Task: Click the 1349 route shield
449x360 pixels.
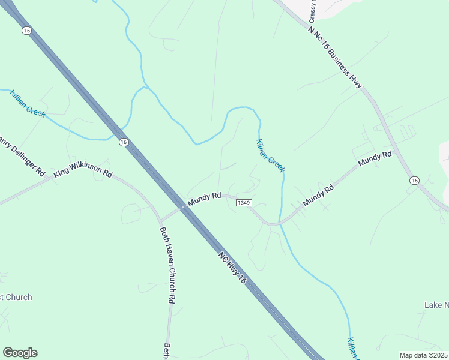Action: pos(243,203)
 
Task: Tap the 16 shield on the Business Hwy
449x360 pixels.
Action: pos(414,180)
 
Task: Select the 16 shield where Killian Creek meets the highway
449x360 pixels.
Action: pos(123,142)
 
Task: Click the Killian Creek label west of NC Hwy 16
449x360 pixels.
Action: pos(28,103)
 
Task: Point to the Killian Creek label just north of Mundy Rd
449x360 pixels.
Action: pos(270,155)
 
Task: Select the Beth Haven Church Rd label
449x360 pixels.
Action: pos(167,264)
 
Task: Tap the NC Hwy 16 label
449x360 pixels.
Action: pos(232,268)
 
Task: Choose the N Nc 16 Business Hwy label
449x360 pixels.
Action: pos(334,58)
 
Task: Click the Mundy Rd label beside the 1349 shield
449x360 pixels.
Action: pos(205,199)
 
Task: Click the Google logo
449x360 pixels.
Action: pos(20,353)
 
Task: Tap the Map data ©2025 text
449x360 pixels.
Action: pos(423,355)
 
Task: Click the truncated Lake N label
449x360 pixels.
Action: pos(436,305)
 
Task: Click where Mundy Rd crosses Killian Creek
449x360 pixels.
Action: pos(279,224)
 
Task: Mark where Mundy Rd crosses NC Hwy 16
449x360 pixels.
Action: pos(182,208)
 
